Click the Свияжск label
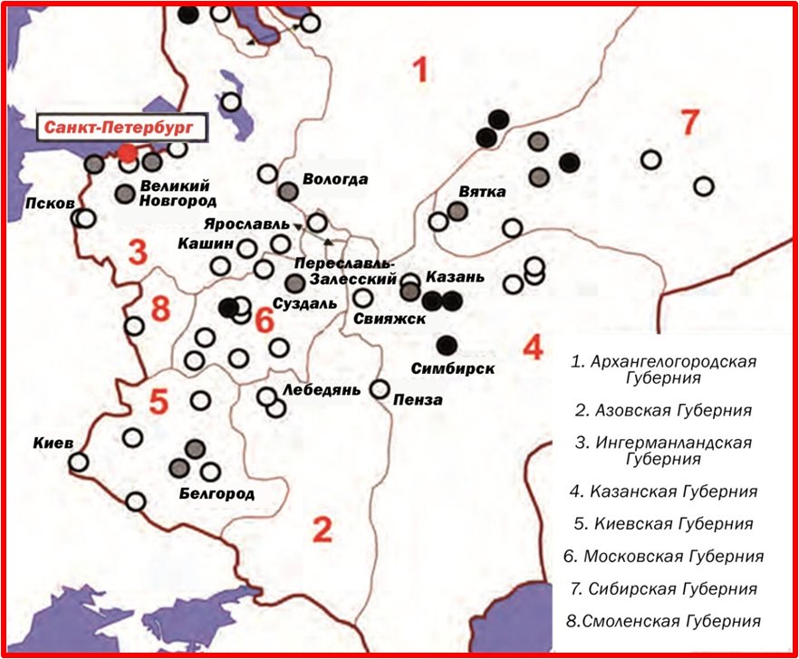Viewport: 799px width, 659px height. point(385,319)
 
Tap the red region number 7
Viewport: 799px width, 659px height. point(690,122)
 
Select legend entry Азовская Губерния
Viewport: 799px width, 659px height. point(663,410)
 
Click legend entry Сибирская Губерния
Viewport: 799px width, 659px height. point(665,588)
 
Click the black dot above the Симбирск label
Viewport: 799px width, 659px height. point(446,344)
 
